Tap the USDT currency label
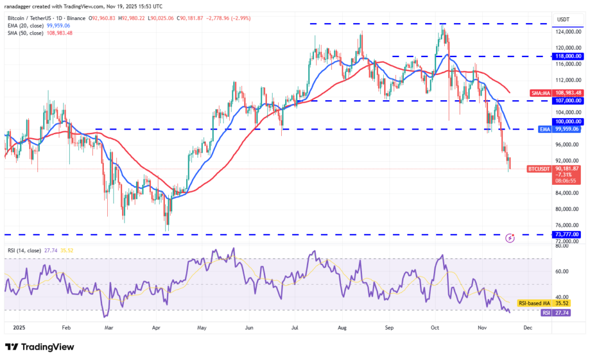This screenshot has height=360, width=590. (562, 20)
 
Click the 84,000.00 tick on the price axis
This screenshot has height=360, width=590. (567, 193)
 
